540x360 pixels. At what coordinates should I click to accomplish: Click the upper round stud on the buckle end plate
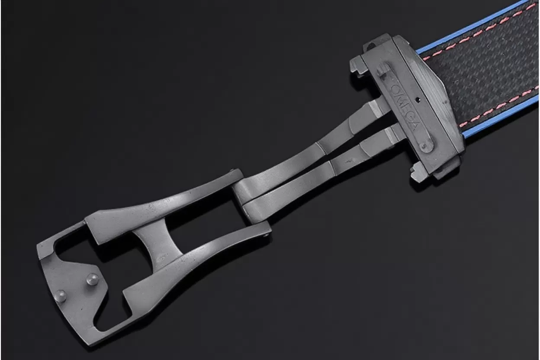92,279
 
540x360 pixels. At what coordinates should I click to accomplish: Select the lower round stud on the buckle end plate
60,296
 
